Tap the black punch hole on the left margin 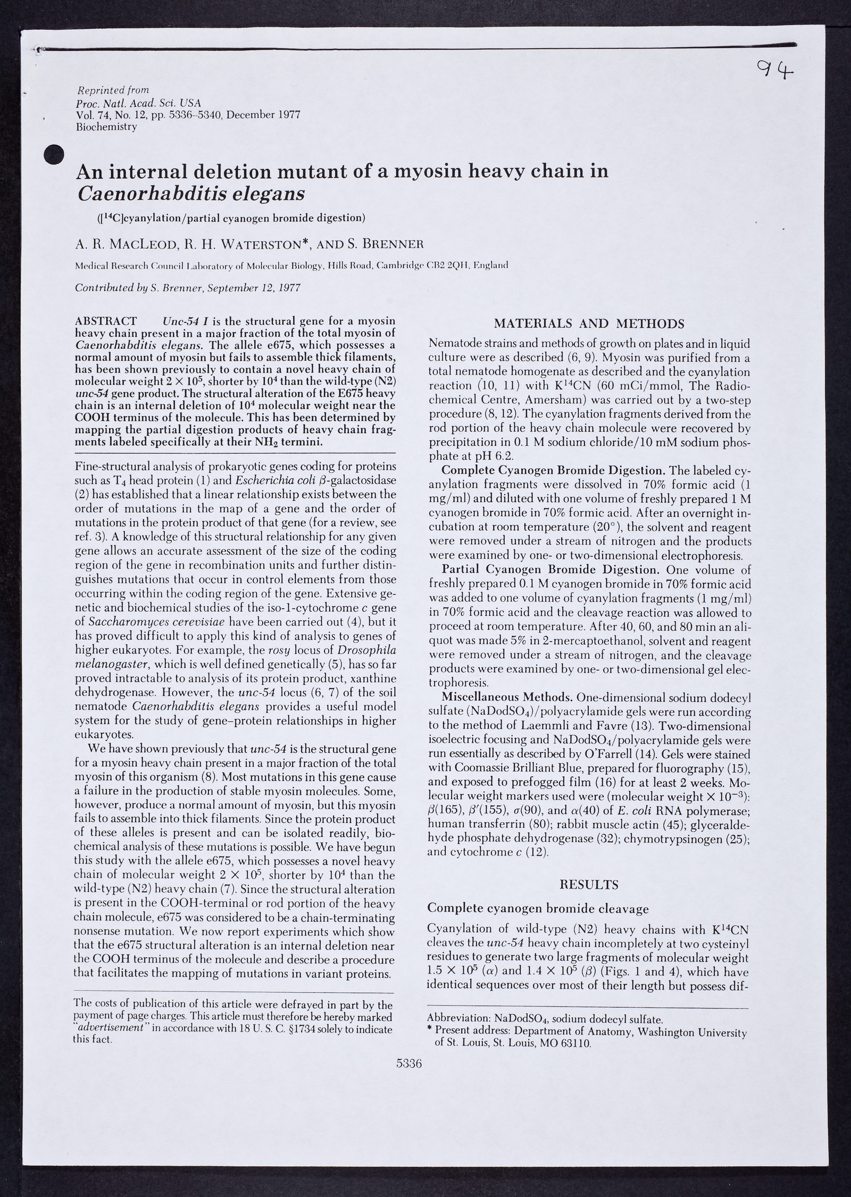pos(53,155)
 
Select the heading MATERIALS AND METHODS pos(589,323)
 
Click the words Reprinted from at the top pos(113,90)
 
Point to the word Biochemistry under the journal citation pos(106,127)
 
